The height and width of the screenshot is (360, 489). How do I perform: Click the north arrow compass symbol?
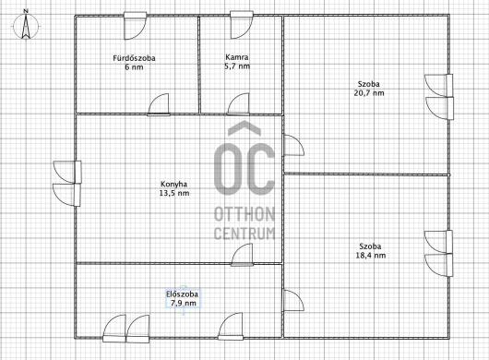pyautogui.click(x=26, y=25)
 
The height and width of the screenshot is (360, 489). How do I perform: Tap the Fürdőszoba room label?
pyautogui.click(x=134, y=58)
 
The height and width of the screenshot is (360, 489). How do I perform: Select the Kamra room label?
pyautogui.click(x=237, y=57)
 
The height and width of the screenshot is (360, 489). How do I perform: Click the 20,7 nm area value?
pyautogui.click(x=369, y=93)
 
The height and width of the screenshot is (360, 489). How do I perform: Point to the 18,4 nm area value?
pyautogui.click(x=371, y=256)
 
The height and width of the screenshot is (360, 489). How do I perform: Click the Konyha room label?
pyautogui.click(x=173, y=184)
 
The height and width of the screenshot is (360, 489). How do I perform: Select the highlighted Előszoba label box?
pyautogui.click(x=183, y=298)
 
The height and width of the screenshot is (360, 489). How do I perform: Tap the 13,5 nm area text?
pyautogui.click(x=174, y=193)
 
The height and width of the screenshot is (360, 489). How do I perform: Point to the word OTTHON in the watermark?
pyautogui.click(x=244, y=214)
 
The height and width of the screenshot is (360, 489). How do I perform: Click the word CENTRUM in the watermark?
pyautogui.click(x=244, y=234)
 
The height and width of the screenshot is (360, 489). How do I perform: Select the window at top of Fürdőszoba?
pyautogui.click(x=135, y=26)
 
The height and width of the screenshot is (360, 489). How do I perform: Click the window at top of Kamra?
pyautogui.click(x=242, y=25)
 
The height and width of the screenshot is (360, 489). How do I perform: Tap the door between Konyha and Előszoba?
pyautogui.click(x=243, y=255)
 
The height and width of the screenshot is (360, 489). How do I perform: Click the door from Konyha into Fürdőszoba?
pyautogui.click(x=159, y=104)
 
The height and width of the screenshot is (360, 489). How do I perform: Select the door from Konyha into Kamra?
pyautogui.click(x=238, y=104)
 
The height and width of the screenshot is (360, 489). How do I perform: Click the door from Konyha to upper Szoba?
pyautogui.click(x=293, y=145)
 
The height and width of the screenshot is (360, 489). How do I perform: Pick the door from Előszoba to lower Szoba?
pyautogui.click(x=293, y=300)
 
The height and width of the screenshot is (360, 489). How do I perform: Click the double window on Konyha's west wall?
pyautogui.click(x=67, y=184)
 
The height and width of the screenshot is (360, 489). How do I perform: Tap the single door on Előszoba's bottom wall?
pyautogui.click(x=231, y=327)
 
